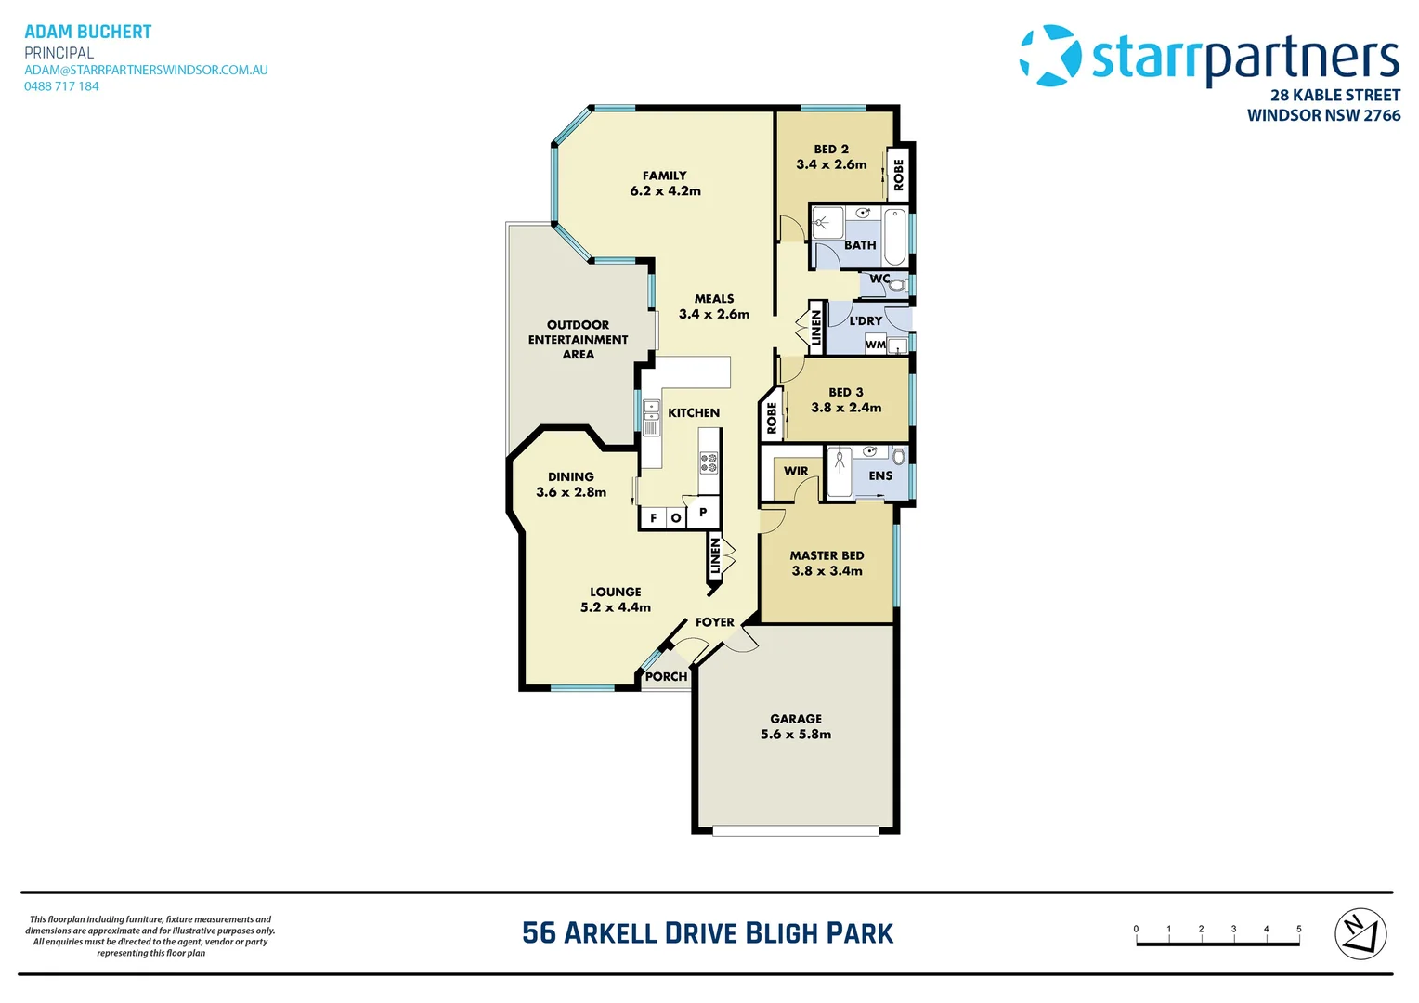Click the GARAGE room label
[796, 719]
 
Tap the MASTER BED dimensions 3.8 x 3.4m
[827, 571]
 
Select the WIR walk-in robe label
[796, 471]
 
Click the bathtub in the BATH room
[894, 238]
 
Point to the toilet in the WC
[896, 283]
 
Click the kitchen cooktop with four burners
[709, 462]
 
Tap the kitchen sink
[651, 418]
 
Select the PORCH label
[666, 677]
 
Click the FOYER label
[714, 622]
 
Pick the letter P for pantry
[703, 512]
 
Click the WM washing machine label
[875, 345]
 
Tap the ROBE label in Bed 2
[898, 175]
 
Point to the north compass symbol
[1360, 933]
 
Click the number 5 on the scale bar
[1298, 929]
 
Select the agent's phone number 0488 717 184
[61, 86]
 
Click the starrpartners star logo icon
[1050, 56]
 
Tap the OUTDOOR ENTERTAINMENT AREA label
[578, 340]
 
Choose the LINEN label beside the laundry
[816, 328]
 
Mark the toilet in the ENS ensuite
[898, 456]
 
